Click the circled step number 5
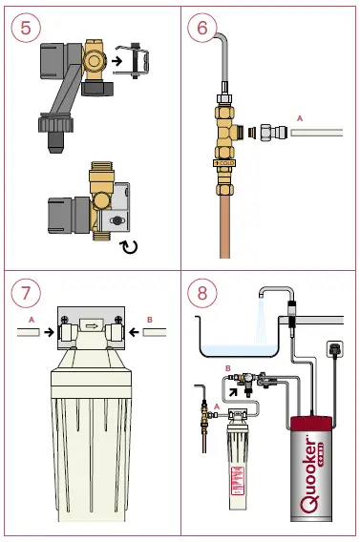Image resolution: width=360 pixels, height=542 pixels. (x=24, y=27)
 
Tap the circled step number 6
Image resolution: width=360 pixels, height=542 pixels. (x=201, y=27)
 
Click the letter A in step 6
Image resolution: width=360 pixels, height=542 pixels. (x=299, y=117)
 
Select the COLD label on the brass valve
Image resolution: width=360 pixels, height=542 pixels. (x=225, y=164)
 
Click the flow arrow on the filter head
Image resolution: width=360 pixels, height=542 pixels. (x=92, y=324)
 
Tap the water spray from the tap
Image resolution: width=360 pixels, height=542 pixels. (x=261, y=320)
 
